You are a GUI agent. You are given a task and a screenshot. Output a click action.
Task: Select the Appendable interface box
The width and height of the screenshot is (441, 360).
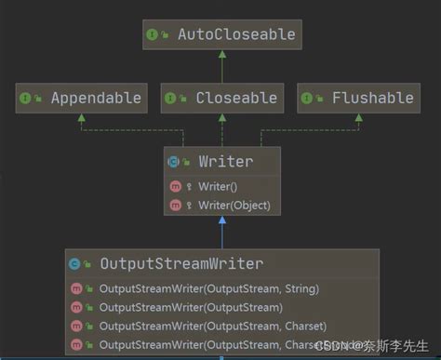[82, 98]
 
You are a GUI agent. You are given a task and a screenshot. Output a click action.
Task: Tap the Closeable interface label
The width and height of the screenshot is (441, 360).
[236, 98]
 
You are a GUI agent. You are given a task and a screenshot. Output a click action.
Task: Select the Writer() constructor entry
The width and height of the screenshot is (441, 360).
[218, 186]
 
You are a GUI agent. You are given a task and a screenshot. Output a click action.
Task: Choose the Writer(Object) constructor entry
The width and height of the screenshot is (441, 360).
[233, 204]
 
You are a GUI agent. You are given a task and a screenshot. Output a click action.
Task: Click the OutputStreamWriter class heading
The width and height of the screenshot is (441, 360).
[181, 263]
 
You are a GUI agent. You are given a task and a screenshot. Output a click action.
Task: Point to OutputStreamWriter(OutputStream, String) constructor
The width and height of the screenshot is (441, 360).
[208, 288]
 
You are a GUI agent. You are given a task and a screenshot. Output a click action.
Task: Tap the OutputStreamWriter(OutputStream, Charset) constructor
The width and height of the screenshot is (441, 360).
[212, 326]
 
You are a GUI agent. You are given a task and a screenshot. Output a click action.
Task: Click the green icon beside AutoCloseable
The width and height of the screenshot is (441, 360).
[152, 34]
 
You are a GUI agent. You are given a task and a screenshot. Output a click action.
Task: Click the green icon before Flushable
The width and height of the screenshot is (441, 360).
[310, 98]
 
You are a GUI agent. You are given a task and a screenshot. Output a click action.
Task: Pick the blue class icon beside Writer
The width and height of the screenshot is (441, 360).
[174, 161]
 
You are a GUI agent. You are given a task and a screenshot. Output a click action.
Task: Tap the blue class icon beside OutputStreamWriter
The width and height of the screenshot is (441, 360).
[75, 263]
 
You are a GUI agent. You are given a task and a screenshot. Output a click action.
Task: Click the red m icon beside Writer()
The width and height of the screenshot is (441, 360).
[176, 186]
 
